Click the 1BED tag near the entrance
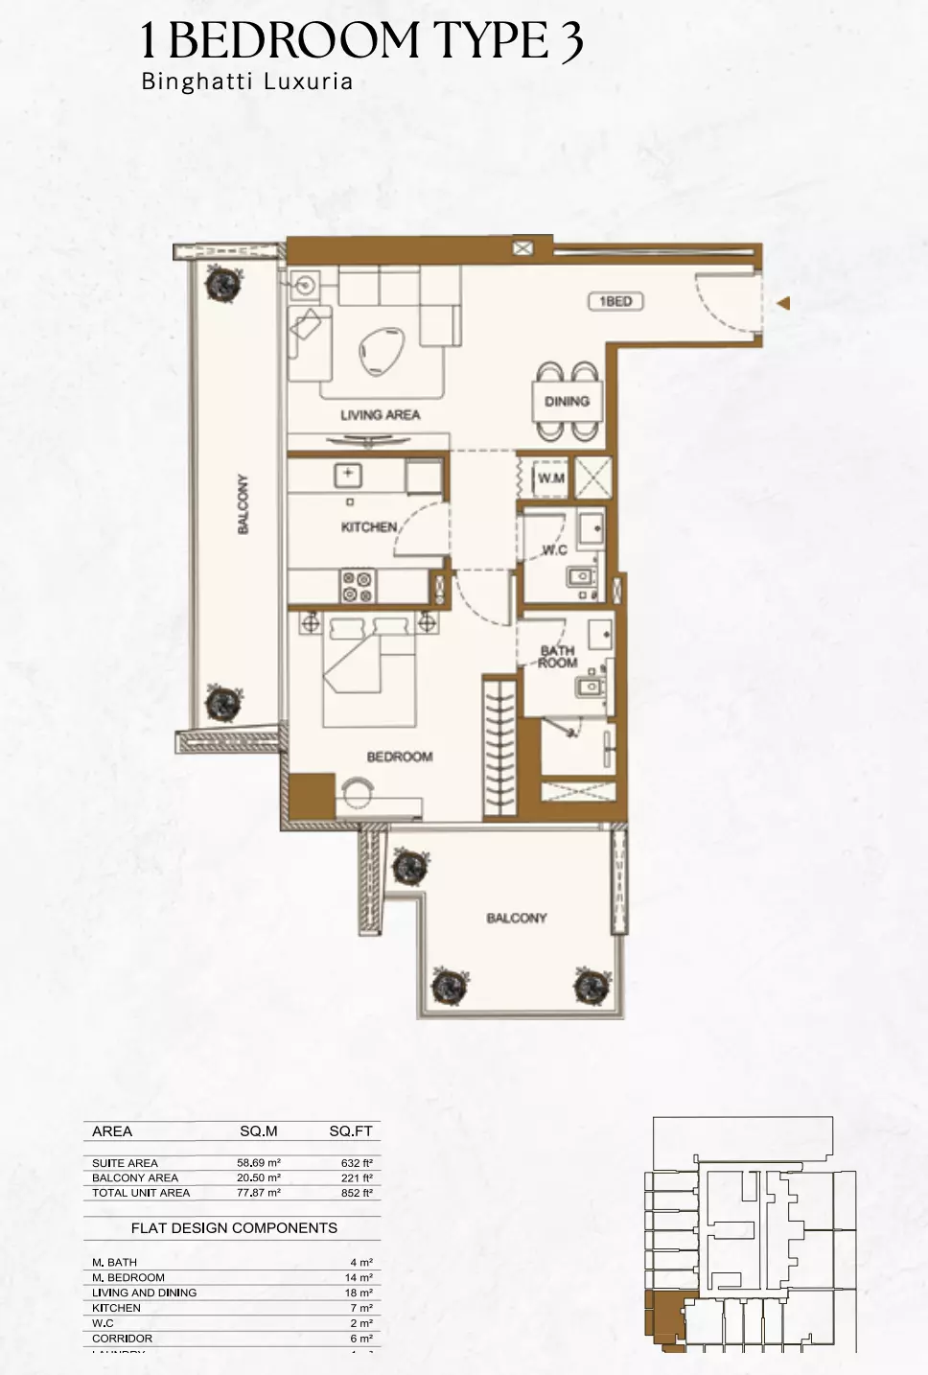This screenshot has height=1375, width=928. (x=615, y=301)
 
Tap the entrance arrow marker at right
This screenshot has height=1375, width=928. (x=784, y=304)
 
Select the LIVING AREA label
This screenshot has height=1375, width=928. (x=380, y=415)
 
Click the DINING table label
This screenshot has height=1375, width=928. (x=567, y=402)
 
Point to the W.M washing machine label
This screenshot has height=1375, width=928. (x=550, y=478)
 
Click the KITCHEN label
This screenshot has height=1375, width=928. (x=369, y=526)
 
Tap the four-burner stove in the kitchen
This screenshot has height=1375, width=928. (x=358, y=587)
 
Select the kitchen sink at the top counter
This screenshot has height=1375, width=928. (x=347, y=474)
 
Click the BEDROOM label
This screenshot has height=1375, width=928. (x=399, y=757)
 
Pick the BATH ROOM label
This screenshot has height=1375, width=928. (x=557, y=657)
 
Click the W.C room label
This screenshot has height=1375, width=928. (x=554, y=549)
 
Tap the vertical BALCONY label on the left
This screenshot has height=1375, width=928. (x=243, y=504)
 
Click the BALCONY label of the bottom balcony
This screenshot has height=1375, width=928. (x=517, y=918)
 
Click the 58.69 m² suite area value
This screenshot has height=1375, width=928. (x=259, y=1162)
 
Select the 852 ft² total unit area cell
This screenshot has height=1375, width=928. (x=357, y=1193)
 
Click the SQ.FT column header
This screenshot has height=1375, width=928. (x=350, y=1131)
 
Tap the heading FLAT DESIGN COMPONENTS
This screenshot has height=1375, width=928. (x=234, y=1227)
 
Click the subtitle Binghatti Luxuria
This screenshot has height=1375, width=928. (x=247, y=82)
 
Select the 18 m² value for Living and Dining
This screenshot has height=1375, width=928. (x=360, y=1293)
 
